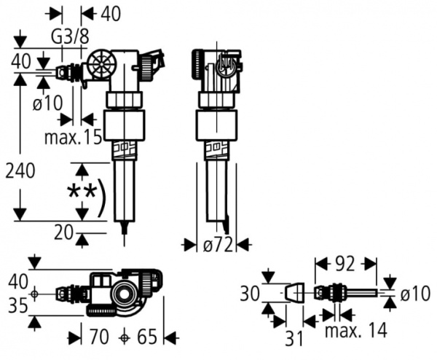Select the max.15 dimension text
click(73, 137)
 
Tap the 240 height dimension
click(20, 173)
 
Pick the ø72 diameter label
click(216, 246)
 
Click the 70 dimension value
click(99, 337)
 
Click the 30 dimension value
click(250, 294)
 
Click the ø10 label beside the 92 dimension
click(416, 294)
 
